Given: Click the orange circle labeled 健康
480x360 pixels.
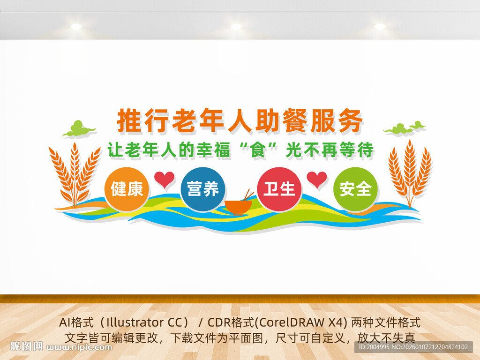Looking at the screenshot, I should (127, 189).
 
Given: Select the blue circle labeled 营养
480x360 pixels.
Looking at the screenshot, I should (203, 189).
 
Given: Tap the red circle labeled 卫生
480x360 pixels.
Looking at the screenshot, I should (279, 189).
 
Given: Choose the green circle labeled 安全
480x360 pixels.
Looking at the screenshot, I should (355, 189).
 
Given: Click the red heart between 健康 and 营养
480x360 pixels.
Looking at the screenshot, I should (165, 179).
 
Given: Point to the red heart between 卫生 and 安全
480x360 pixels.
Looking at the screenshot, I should (317, 180).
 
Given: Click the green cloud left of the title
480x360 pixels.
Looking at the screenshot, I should (78, 128).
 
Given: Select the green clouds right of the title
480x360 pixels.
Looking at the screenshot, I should (404, 127).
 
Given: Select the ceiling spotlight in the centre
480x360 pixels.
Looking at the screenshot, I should (236, 27).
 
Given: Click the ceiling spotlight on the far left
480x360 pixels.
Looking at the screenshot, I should (76, 27).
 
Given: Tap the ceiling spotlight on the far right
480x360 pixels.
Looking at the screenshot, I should (380, 27).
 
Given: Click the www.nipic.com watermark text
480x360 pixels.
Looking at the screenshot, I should (80, 347).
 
